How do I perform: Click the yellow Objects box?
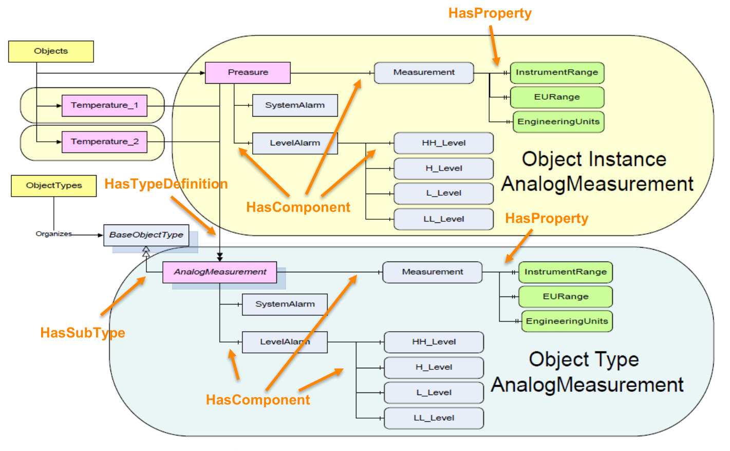click(x=51, y=51)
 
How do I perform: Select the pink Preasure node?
click(x=248, y=72)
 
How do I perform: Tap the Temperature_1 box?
click(x=104, y=105)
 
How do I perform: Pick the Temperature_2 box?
click(x=104, y=142)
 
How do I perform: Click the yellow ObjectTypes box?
click(x=53, y=185)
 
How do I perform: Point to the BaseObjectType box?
click(x=146, y=235)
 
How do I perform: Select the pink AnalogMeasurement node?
click(x=219, y=272)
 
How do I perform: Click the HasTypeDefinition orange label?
click(x=166, y=184)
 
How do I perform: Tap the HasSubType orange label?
click(x=83, y=333)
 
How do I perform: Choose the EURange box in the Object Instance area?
click(x=557, y=97)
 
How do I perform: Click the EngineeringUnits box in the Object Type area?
click(x=567, y=321)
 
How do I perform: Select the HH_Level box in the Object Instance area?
click(x=443, y=143)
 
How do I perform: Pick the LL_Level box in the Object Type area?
click(x=434, y=418)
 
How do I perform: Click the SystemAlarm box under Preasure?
click(x=295, y=105)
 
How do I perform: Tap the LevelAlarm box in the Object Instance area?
click(x=295, y=143)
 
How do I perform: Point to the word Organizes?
click(x=53, y=234)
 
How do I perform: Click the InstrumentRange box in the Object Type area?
click(x=565, y=272)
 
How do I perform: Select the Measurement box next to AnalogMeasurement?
click(x=432, y=272)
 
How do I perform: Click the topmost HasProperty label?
click(x=490, y=13)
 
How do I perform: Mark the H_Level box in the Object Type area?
click(x=434, y=367)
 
